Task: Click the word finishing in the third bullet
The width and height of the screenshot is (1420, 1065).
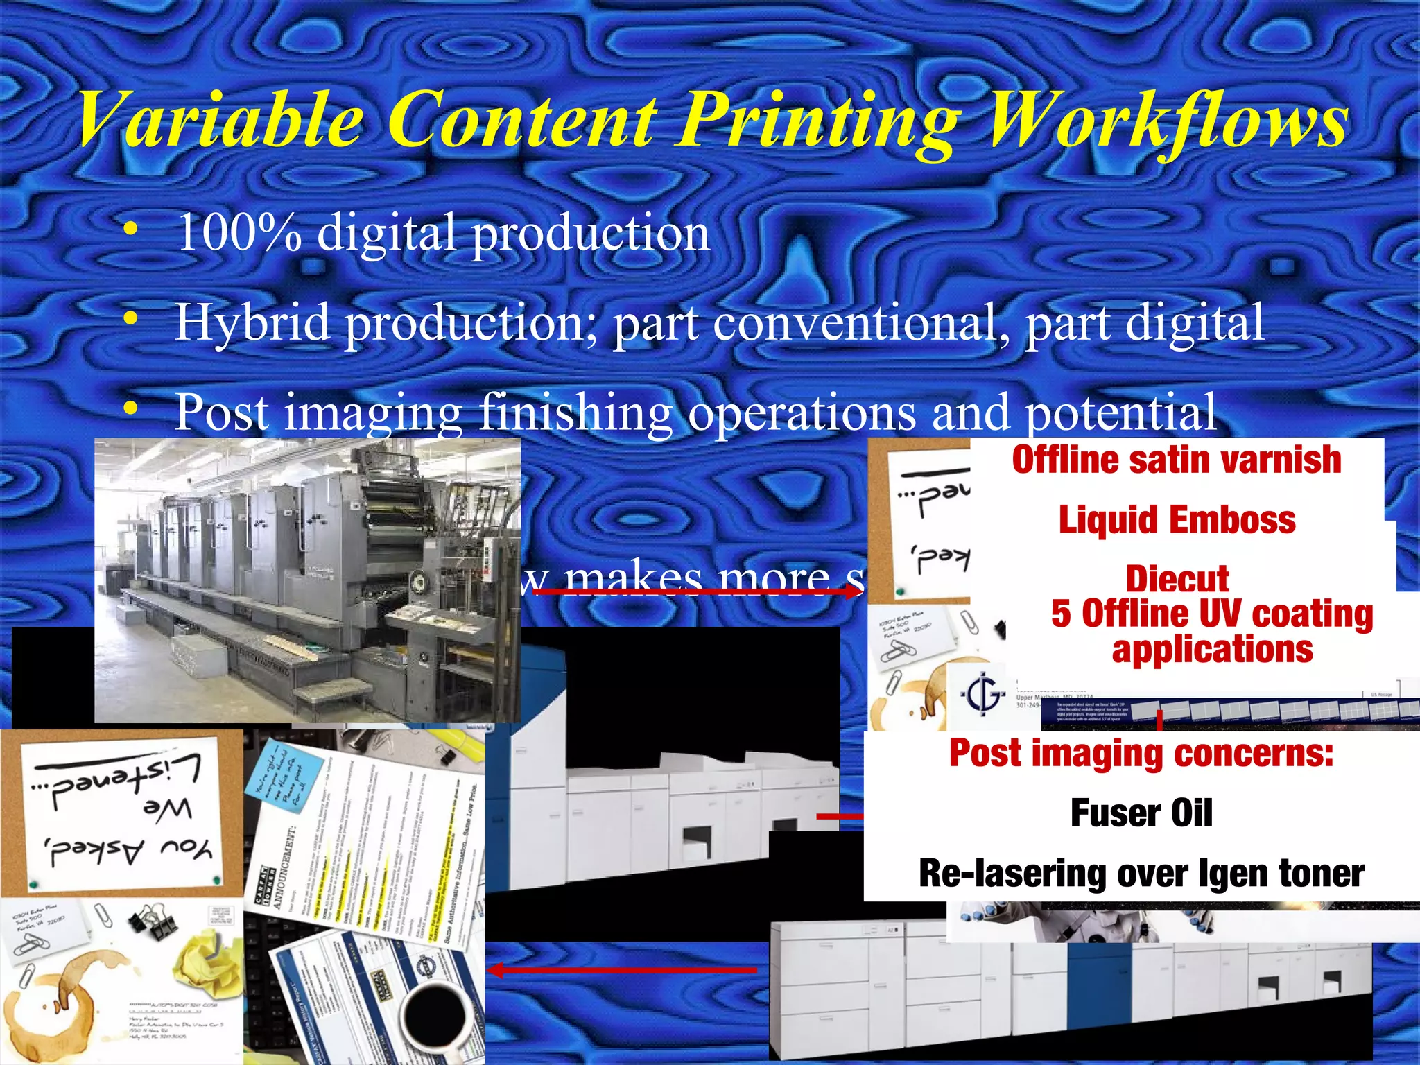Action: point(575,413)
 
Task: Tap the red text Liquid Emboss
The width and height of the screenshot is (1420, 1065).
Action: point(1177,520)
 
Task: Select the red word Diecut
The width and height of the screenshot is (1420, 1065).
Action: point(1177,579)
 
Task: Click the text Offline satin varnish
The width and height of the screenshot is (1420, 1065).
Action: point(1177,460)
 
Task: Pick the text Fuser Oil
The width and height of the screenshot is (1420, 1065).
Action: point(1141,813)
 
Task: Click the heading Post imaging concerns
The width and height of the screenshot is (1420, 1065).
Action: point(1141,753)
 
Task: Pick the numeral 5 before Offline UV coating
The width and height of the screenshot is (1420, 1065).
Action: point(1060,614)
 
